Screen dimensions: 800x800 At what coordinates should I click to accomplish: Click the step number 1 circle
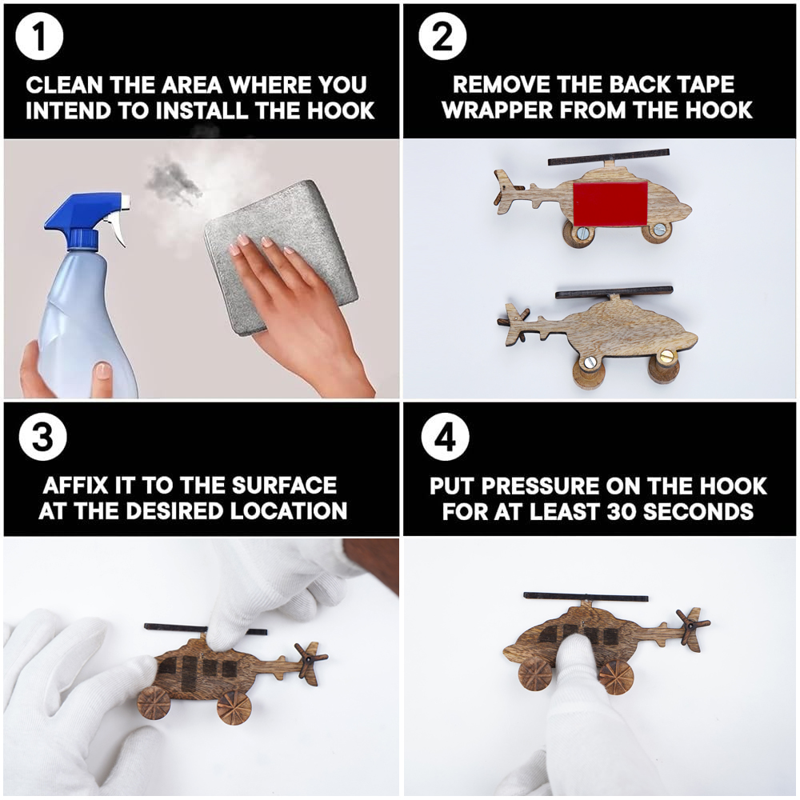click(x=39, y=37)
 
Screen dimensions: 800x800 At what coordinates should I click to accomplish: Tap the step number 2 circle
click(x=442, y=36)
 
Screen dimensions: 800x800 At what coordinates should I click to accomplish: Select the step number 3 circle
click(x=42, y=437)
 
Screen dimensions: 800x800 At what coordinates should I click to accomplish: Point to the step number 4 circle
click(x=446, y=437)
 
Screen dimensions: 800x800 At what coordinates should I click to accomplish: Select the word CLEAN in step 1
click(x=64, y=86)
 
